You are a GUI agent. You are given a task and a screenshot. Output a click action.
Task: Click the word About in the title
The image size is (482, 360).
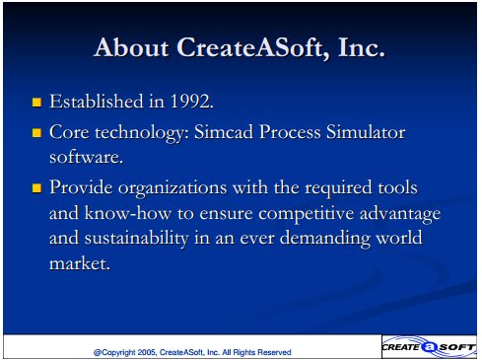(x=131, y=47)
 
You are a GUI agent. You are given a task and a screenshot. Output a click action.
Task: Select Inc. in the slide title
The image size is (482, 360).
(x=361, y=47)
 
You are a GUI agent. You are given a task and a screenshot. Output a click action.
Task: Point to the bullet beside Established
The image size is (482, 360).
(x=36, y=103)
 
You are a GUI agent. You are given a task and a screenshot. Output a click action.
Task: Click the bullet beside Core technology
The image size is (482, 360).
(x=36, y=133)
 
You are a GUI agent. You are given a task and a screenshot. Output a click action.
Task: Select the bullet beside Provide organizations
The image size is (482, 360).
(x=36, y=188)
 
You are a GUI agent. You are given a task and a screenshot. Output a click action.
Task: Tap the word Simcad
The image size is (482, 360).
(x=224, y=132)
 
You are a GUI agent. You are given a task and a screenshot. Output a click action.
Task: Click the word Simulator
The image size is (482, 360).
(x=366, y=132)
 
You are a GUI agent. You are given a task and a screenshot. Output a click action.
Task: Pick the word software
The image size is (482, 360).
(x=86, y=157)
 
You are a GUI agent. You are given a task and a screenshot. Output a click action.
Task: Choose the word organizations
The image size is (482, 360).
(x=172, y=188)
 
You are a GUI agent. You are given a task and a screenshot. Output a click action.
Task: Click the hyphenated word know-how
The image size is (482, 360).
(x=128, y=213)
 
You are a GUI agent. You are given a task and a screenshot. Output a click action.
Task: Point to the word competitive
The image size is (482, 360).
(x=306, y=214)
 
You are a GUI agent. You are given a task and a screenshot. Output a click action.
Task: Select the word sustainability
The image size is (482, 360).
(x=137, y=239)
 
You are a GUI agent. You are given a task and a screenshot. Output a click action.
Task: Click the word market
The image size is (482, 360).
(x=80, y=263)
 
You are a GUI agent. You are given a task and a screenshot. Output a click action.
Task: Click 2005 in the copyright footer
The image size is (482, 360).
(x=147, y=352)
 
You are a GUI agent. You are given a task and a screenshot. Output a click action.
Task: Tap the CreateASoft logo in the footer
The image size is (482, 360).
(x=429, y=347)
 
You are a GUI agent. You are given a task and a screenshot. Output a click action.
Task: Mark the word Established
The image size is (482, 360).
(x=97, y=101)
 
